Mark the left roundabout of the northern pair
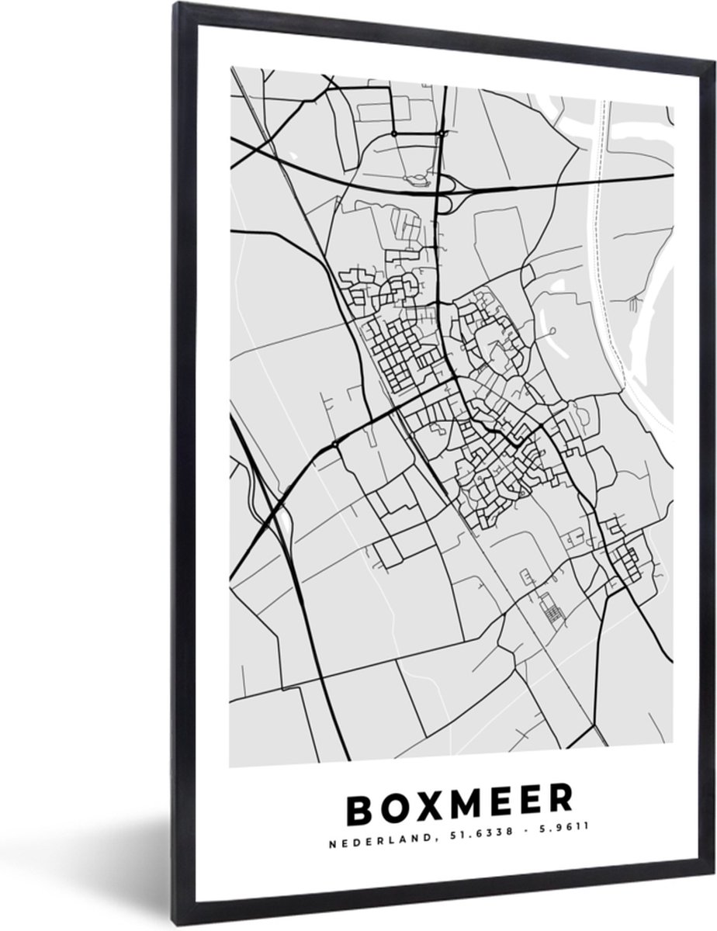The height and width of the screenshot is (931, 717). coord(393,133)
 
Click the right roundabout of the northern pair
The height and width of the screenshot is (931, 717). coord(442,133)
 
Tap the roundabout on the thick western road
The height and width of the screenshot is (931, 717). coord(334,444)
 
